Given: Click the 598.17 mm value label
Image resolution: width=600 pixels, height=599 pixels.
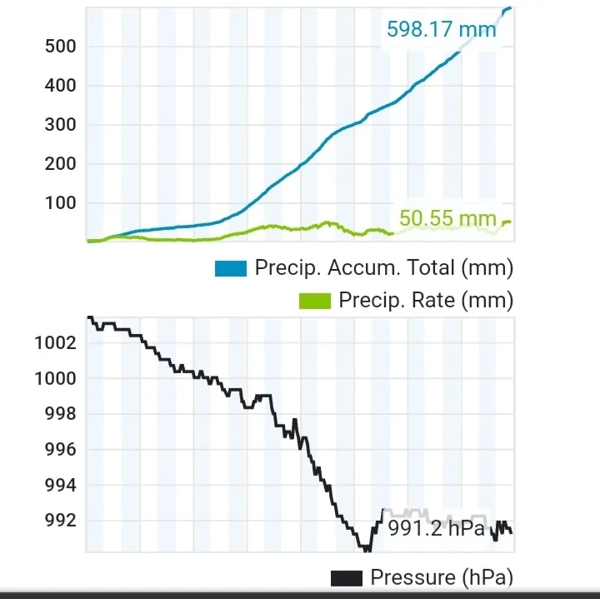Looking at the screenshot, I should (441, 30).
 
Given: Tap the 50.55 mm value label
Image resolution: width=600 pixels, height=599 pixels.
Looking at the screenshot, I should (447, 218).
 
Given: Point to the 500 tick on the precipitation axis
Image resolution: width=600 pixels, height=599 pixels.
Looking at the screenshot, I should (59, 47).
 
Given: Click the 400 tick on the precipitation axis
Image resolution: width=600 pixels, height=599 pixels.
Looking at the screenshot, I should (59, 86).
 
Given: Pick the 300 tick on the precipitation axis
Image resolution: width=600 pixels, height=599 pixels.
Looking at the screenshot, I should (59, 125).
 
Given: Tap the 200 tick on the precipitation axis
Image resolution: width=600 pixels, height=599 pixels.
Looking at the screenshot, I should (59, 164).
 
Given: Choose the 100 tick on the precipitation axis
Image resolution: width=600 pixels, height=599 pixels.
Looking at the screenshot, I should (59, 203).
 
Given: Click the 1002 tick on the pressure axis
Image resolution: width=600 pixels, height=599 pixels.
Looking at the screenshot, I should (55, 343).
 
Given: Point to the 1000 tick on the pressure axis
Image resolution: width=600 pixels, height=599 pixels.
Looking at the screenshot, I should (55, 379).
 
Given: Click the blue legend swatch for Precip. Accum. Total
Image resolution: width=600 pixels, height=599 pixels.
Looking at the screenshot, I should (231, 268).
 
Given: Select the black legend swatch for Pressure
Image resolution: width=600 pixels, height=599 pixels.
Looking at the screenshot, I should (347, 577).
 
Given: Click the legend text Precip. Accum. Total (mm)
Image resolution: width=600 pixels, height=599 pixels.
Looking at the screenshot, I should (383, 268).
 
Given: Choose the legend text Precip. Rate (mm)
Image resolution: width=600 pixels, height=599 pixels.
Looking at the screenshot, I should (425, 301).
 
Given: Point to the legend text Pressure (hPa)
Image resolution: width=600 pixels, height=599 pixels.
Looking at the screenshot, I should (441, 577).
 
